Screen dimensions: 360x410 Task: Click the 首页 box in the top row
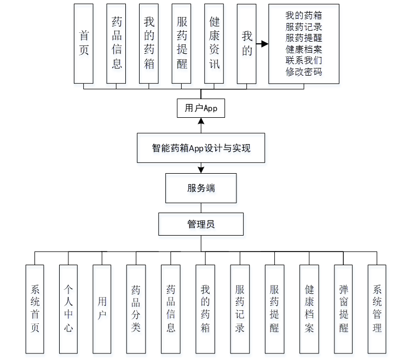(84, 43)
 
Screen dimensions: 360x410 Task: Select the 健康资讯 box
(214, 43)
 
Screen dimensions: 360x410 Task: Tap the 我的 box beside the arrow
(247, 43)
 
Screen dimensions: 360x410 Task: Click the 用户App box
(201, 108)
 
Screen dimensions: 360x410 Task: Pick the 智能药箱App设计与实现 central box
(201, 148)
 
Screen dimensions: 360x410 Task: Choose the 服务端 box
(201, 188)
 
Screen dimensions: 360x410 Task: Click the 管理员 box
(201, 224)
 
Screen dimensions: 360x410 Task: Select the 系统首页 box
(35, 308)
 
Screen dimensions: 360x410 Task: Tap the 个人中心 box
(68, 308)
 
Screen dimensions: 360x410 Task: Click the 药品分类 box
(136, 308)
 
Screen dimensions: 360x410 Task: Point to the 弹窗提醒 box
(343, 308)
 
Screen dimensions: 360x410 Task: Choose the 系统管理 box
(377, 308)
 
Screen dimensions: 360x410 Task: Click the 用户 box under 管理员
(102, 308)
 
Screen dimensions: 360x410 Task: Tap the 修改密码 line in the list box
(303, 72)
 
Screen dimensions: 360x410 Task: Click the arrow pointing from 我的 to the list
(262, 44)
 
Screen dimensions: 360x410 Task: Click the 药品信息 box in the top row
(117, 43)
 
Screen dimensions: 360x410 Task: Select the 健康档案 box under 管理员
(309, 308)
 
